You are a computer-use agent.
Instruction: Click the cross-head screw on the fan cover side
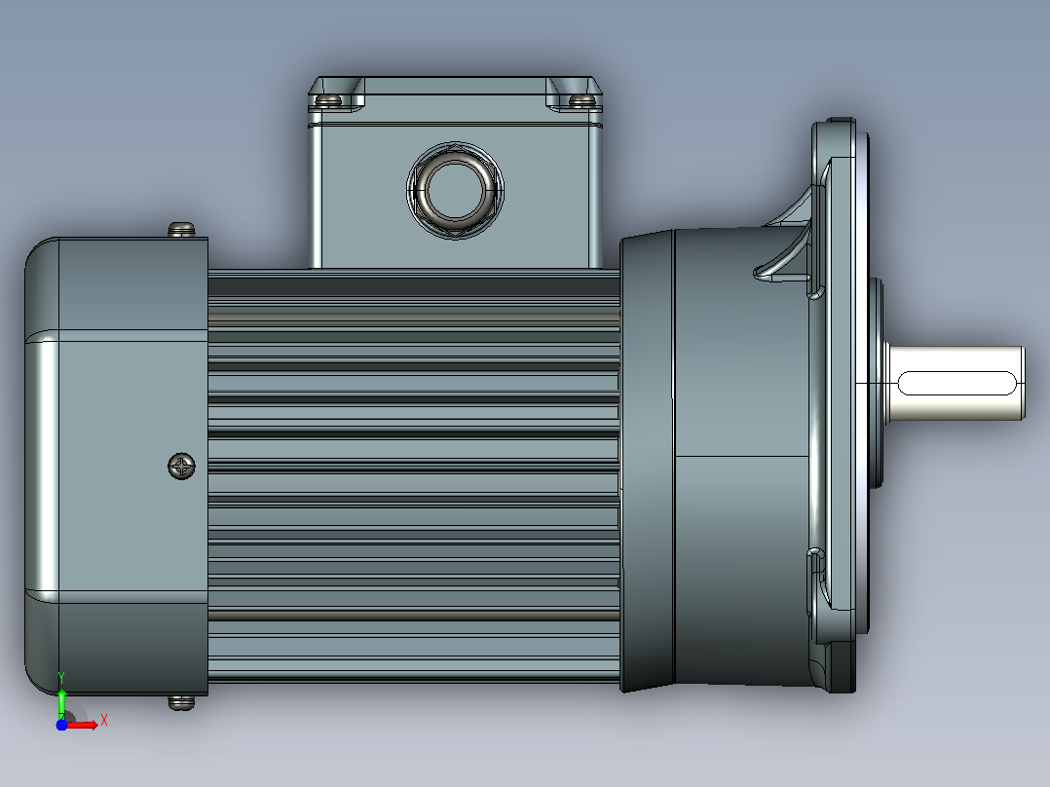[x=181, y=467]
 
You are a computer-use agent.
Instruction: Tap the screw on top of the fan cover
[x=181, y=230]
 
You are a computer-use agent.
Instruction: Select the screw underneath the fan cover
[x=181, y=702]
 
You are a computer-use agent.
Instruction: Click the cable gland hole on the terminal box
[x=455, y=190]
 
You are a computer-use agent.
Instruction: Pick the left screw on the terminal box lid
[x=328, y=100]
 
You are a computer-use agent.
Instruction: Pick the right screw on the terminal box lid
[x=581, y=100]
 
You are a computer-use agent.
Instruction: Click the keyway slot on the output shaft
[x=956, y=383]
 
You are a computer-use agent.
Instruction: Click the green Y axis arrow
[x=61, y=703]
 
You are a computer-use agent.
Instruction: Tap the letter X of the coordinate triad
[x=104, y=721]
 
